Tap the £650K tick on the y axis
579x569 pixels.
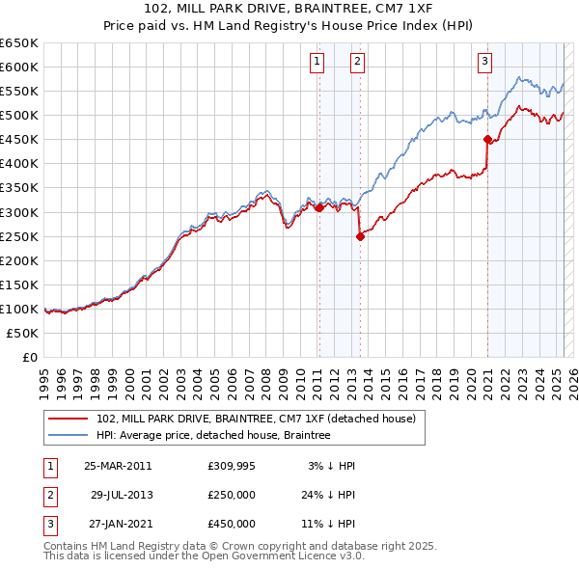click(x=19, y=43)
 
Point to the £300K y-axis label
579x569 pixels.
click(x=19, y=212)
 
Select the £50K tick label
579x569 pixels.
click(x=23, y=333)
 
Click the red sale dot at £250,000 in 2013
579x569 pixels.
click(x=359, y=235)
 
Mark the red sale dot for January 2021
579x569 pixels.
click(x=487, y=139)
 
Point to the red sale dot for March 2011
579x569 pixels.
click(x=319, y=206)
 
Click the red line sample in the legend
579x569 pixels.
click(x=69, y=419)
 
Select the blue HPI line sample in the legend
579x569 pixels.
click(x=69, y=436)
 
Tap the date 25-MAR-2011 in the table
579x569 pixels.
click(x=118, y=466)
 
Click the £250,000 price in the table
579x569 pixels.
click(x=232, y=495)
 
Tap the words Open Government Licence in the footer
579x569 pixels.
click(x=285, y=555)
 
